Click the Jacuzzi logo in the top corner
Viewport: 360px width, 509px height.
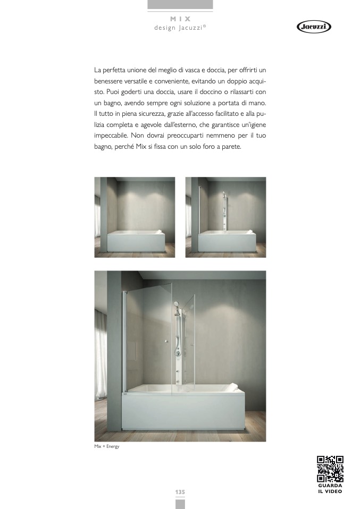tap(313, 27)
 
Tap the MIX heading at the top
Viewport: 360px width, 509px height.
tap(180, 19)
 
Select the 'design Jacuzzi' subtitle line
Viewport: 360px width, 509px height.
tap(180, 28)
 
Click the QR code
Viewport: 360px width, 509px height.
tap(330, 469)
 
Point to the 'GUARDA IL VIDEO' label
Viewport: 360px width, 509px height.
tap(330, 488)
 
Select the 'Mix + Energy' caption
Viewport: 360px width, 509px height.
tap(107, 446)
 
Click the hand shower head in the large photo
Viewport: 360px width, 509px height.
tap(175, 305)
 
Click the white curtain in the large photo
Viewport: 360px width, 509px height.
tap(101, 356)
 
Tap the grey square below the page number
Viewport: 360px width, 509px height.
tap(180, 504)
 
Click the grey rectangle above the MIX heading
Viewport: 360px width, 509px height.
tap(180, 4)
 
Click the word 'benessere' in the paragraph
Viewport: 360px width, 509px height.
tap(108, 81)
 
